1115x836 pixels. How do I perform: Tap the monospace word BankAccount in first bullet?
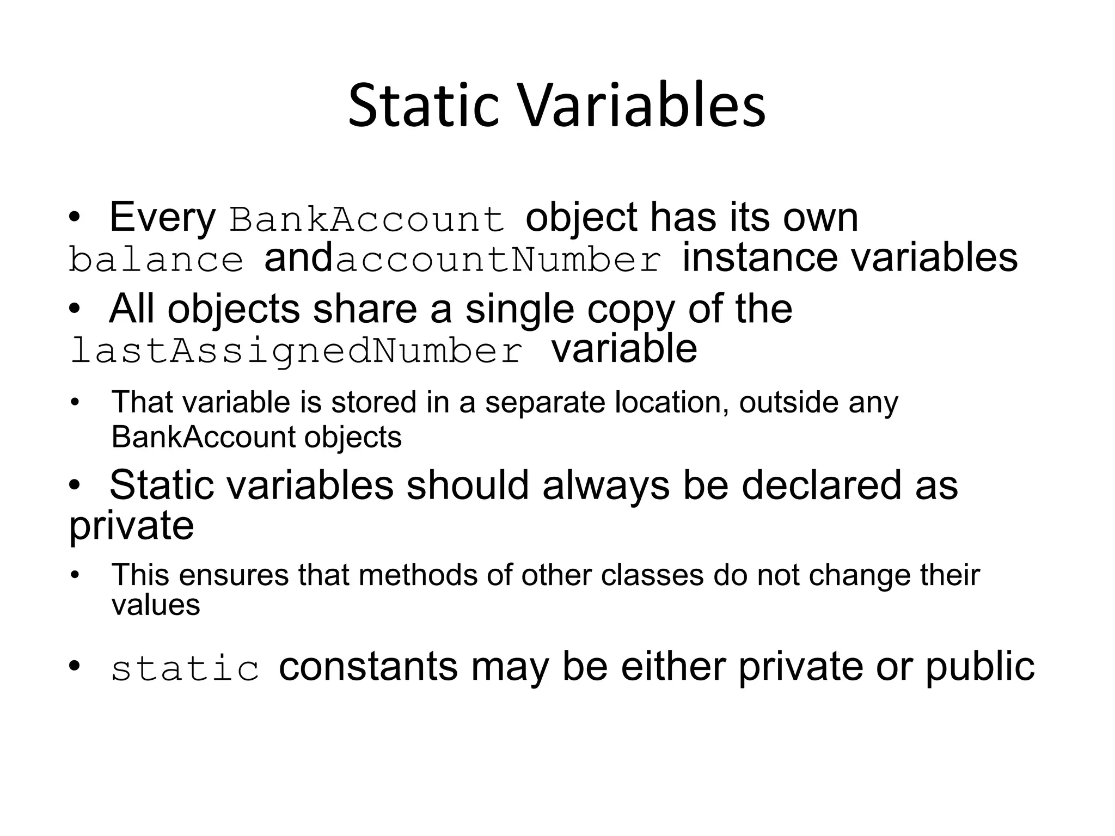coord(367,219)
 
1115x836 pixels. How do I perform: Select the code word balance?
coord(156,260)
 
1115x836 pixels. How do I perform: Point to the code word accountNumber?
coord(498,260)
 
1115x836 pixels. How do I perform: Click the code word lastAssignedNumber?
coord(297,351)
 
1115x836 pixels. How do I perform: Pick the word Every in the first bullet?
coord(162,218)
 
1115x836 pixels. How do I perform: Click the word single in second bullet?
coord(519,309)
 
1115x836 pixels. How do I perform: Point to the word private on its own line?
coord(131,526)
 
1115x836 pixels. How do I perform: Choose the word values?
coord(156,605)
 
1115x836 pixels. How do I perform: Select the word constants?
coord(368,667)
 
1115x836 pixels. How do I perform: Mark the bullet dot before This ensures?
coord(75,576)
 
